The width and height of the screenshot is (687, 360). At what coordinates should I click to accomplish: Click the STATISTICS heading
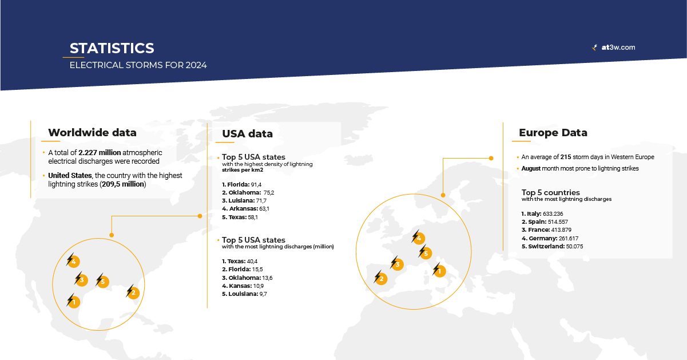pos(112,48)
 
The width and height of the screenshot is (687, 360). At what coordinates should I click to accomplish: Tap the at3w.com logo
pos(614,48)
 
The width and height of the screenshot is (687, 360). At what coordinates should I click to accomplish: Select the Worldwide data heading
pos(92,133)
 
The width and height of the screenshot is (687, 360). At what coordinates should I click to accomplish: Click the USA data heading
pos(247,134)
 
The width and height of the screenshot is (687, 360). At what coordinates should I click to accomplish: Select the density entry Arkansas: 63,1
pos(245,209)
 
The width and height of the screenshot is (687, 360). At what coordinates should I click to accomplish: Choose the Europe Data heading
pos(553,133)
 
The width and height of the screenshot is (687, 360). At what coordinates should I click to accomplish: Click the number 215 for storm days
pos(566,157)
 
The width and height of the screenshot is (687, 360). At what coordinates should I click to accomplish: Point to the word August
pos(532,169)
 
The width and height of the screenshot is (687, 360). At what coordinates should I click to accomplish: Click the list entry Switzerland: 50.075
pos(552,246)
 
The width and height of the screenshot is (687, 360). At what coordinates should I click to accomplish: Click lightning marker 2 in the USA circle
pos(132,292)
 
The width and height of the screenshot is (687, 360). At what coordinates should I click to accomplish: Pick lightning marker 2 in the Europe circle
pos(380,279)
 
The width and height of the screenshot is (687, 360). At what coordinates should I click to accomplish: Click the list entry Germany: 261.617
pos(546,238)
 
